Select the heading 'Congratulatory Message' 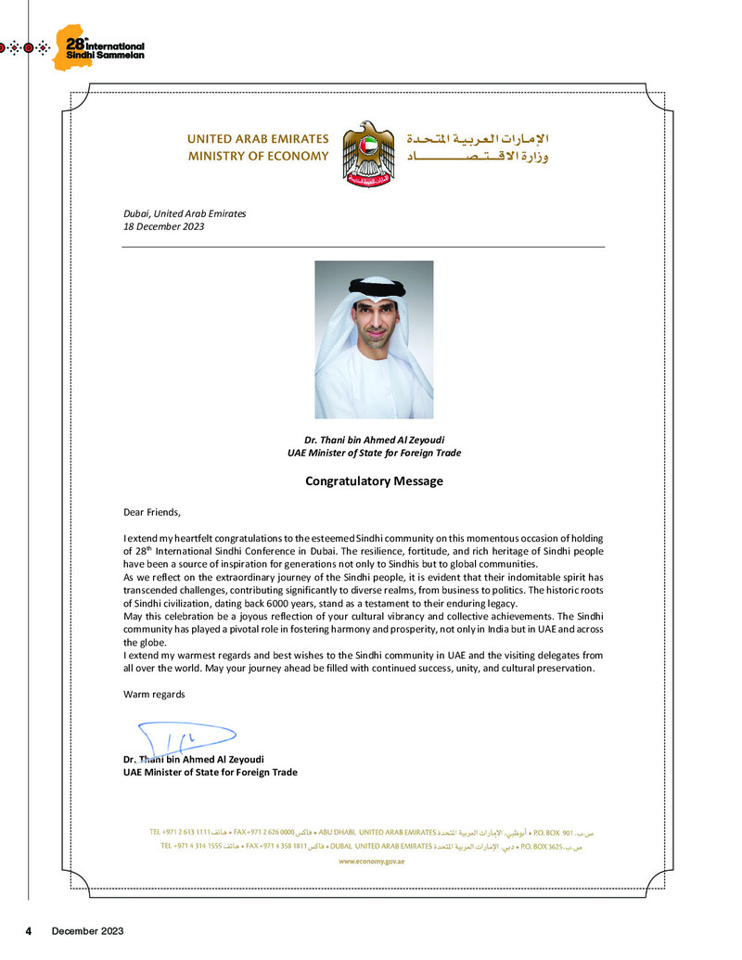coord(374,481)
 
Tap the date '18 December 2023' coord(164,226)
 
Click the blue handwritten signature coord(185,736)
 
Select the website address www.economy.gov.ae coord(372,861)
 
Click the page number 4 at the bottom coord(29,931)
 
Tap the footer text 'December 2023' coord(87,931)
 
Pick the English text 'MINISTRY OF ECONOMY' coord(258,156)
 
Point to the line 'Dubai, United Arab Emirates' coord(185,213)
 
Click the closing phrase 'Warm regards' coord(154,694)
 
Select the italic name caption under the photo coord(374,440)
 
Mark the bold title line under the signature coord(211,772)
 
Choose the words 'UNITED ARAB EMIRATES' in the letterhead coord(258,139)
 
